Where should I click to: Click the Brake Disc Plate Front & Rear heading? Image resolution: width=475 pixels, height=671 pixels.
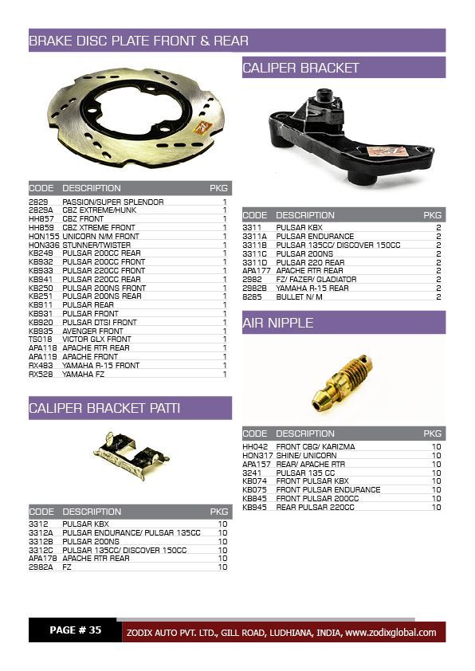[139, 41]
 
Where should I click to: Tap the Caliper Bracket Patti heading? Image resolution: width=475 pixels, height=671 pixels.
[104, 408]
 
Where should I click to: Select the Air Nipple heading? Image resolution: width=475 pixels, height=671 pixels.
[278, 323]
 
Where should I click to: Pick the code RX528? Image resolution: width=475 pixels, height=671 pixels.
[41, 374]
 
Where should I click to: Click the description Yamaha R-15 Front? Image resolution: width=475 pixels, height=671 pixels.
[101, 365]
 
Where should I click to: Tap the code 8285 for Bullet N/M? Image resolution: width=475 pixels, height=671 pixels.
[252, 296]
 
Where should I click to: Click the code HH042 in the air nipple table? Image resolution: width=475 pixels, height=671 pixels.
[255, 447]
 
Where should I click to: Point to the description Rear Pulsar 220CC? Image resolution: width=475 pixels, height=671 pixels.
[317, 507]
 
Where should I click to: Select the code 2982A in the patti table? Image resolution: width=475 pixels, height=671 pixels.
[41, 567]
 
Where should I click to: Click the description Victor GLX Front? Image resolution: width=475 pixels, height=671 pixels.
[96, 339]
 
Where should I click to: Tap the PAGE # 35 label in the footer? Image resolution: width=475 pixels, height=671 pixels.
[75, 630]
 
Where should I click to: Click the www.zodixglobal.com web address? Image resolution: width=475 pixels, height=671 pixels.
[391, 633]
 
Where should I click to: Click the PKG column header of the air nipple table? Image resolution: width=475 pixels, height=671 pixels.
[432, 434]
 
